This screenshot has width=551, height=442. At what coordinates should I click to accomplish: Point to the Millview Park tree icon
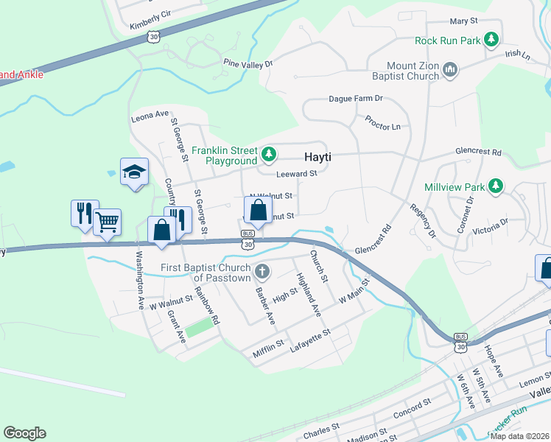496,186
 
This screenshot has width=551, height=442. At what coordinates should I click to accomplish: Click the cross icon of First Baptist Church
262,273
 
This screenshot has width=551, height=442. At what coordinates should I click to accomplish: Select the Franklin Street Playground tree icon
270,155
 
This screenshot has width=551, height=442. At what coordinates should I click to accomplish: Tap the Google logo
24,433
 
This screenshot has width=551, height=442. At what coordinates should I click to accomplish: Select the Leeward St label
296,174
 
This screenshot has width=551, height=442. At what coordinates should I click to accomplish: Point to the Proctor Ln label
382,122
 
